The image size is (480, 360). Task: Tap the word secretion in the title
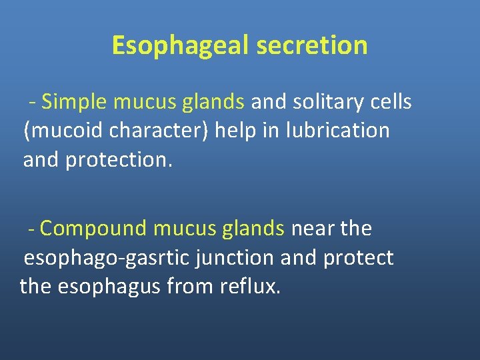311,45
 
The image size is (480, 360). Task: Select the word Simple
75,102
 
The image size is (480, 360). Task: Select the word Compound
93,229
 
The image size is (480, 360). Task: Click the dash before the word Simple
31,103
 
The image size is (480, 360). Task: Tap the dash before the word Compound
31,229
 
